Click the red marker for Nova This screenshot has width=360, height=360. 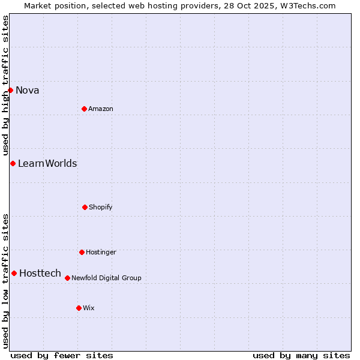[x=10, y=90]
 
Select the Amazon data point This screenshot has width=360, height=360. [x=84, y=109]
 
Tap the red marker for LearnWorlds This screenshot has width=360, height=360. [x=13, y=163]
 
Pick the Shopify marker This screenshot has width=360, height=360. [x=85, y=207]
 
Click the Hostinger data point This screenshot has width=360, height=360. [x=82, y=252]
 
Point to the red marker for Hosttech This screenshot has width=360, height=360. [x=14, y=273]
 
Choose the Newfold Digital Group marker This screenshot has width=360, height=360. [x=67, y=278]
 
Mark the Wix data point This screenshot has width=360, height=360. [x=79, y=308]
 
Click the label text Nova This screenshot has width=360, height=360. [x=28, y=91]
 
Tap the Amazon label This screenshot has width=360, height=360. [x=101, y=109]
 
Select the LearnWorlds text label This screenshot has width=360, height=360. [x=47, y=164]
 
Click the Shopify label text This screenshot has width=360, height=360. [x=101, y=208]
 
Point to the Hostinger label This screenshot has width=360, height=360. [x=101, y=253]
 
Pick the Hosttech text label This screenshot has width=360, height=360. [x=40, y=274]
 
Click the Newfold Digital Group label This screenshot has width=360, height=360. [x=106, y=278]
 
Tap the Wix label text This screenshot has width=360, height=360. [x=89, y=308]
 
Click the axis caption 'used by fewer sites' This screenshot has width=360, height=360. [x=62, y=355]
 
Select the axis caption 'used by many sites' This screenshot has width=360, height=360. [x=301, y=355]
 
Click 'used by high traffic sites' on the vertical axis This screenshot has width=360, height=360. [x=5, y=85]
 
